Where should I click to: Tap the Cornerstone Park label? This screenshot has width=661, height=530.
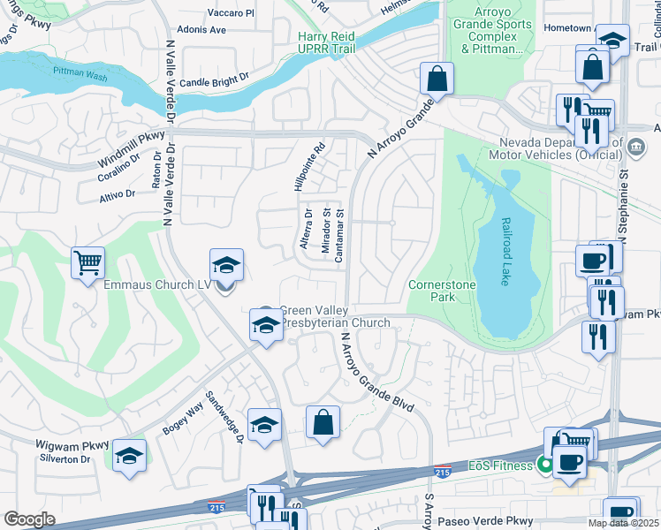coord(442,291)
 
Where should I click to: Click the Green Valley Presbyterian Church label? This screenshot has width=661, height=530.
coord(334,316)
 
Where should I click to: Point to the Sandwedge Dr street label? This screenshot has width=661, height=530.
coord(224,417)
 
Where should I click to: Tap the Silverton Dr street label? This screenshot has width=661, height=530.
coord(67,459)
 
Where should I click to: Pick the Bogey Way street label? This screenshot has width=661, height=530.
coord(182,418)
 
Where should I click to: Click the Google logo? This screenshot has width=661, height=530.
coord(29,519)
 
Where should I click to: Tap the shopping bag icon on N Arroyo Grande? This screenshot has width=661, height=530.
coord(437,79)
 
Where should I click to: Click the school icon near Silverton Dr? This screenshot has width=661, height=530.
coord(129,456)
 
